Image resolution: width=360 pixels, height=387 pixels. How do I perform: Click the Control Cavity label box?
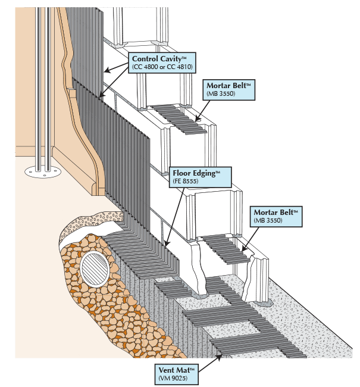click(162, 63)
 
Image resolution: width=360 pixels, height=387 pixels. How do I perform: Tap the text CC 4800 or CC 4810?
click(162, 67)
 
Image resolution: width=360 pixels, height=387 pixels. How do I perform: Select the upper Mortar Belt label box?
click(228, 90)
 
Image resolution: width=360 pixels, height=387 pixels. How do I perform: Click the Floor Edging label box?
click(201, 177)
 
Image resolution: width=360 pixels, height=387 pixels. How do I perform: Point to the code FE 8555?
click(186, 181)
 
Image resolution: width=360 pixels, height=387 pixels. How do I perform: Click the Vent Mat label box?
click(177, 374)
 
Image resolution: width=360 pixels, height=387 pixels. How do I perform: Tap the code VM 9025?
click(173, 378)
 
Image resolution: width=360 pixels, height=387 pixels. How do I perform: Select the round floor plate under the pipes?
click(43, 172)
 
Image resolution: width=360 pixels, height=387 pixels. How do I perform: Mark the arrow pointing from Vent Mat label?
click(209, 363)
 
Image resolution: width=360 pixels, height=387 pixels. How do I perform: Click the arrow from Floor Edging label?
click(175, 217)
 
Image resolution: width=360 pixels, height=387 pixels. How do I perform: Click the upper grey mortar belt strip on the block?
click(179, 119)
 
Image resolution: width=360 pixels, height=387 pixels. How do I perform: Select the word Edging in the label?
click(204, 173)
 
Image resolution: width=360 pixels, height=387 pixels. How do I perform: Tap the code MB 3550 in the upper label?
click(221, 94)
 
